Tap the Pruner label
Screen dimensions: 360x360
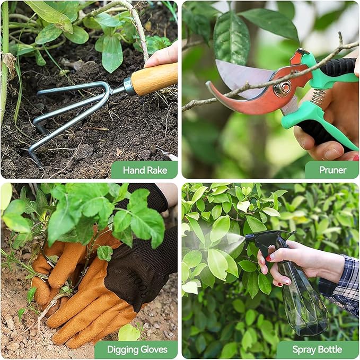332,170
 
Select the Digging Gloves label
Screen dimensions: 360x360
136,349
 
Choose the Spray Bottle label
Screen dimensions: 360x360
317,349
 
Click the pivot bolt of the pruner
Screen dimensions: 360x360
285,87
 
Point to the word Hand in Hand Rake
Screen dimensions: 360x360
133,170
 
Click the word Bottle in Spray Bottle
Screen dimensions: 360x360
329,349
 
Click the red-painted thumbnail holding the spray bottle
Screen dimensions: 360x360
268,259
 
